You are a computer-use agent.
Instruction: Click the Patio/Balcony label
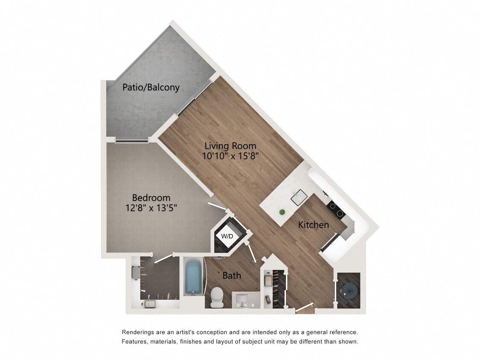coord(151,87)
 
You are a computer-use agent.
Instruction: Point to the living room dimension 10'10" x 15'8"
coord(231,156)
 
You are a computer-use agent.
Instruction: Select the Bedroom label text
coord(151,198)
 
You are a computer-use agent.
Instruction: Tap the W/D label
coord(226,236)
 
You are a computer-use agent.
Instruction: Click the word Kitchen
coord(313,225)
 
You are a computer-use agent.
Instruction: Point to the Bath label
coord(232,276)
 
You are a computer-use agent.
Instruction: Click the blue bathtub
coord(193,278)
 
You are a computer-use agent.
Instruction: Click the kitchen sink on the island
coord(299,197)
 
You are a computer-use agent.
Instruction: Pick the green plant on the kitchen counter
coord(282,212)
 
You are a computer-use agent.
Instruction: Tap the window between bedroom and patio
coord(131,141)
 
